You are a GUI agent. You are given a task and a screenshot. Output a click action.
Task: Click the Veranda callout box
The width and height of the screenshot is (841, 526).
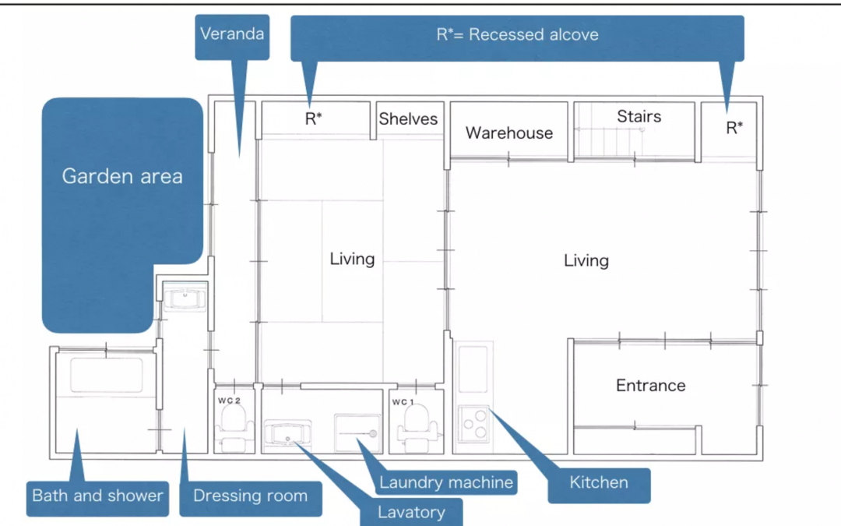click(232, 37)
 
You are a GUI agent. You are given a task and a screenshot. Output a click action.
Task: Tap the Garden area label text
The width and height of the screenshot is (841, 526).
click(122, 176)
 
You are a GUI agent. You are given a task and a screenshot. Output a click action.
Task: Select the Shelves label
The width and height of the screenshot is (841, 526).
click(408, 118)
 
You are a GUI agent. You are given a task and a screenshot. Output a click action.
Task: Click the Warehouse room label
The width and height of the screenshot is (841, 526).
click(509, 132)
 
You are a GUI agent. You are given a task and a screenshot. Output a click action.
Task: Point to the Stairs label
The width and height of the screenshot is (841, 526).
click(639, 116)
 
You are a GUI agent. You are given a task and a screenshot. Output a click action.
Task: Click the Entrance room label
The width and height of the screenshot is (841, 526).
click(650, 386)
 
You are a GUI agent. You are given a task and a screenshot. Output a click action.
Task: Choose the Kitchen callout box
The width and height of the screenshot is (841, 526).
click(599, 485)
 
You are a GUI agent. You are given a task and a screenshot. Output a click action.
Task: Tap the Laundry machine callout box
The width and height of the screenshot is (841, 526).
click(445, 482)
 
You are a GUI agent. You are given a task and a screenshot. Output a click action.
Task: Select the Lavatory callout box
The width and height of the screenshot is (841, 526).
click(411, 512)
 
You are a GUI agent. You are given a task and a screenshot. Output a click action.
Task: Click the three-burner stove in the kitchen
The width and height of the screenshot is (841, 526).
click(473, 423)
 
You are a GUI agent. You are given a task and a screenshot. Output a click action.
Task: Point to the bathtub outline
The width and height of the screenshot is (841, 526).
click(107, 375)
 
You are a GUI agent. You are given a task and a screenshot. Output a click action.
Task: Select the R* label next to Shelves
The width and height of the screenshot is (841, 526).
click(313, 118)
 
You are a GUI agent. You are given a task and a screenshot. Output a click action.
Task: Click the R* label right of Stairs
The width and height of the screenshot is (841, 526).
click(734, 128)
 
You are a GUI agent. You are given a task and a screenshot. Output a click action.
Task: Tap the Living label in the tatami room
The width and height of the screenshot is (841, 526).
click(352, 259)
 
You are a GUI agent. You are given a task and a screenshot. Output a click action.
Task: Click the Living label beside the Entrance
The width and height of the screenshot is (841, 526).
click(586, 260)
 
